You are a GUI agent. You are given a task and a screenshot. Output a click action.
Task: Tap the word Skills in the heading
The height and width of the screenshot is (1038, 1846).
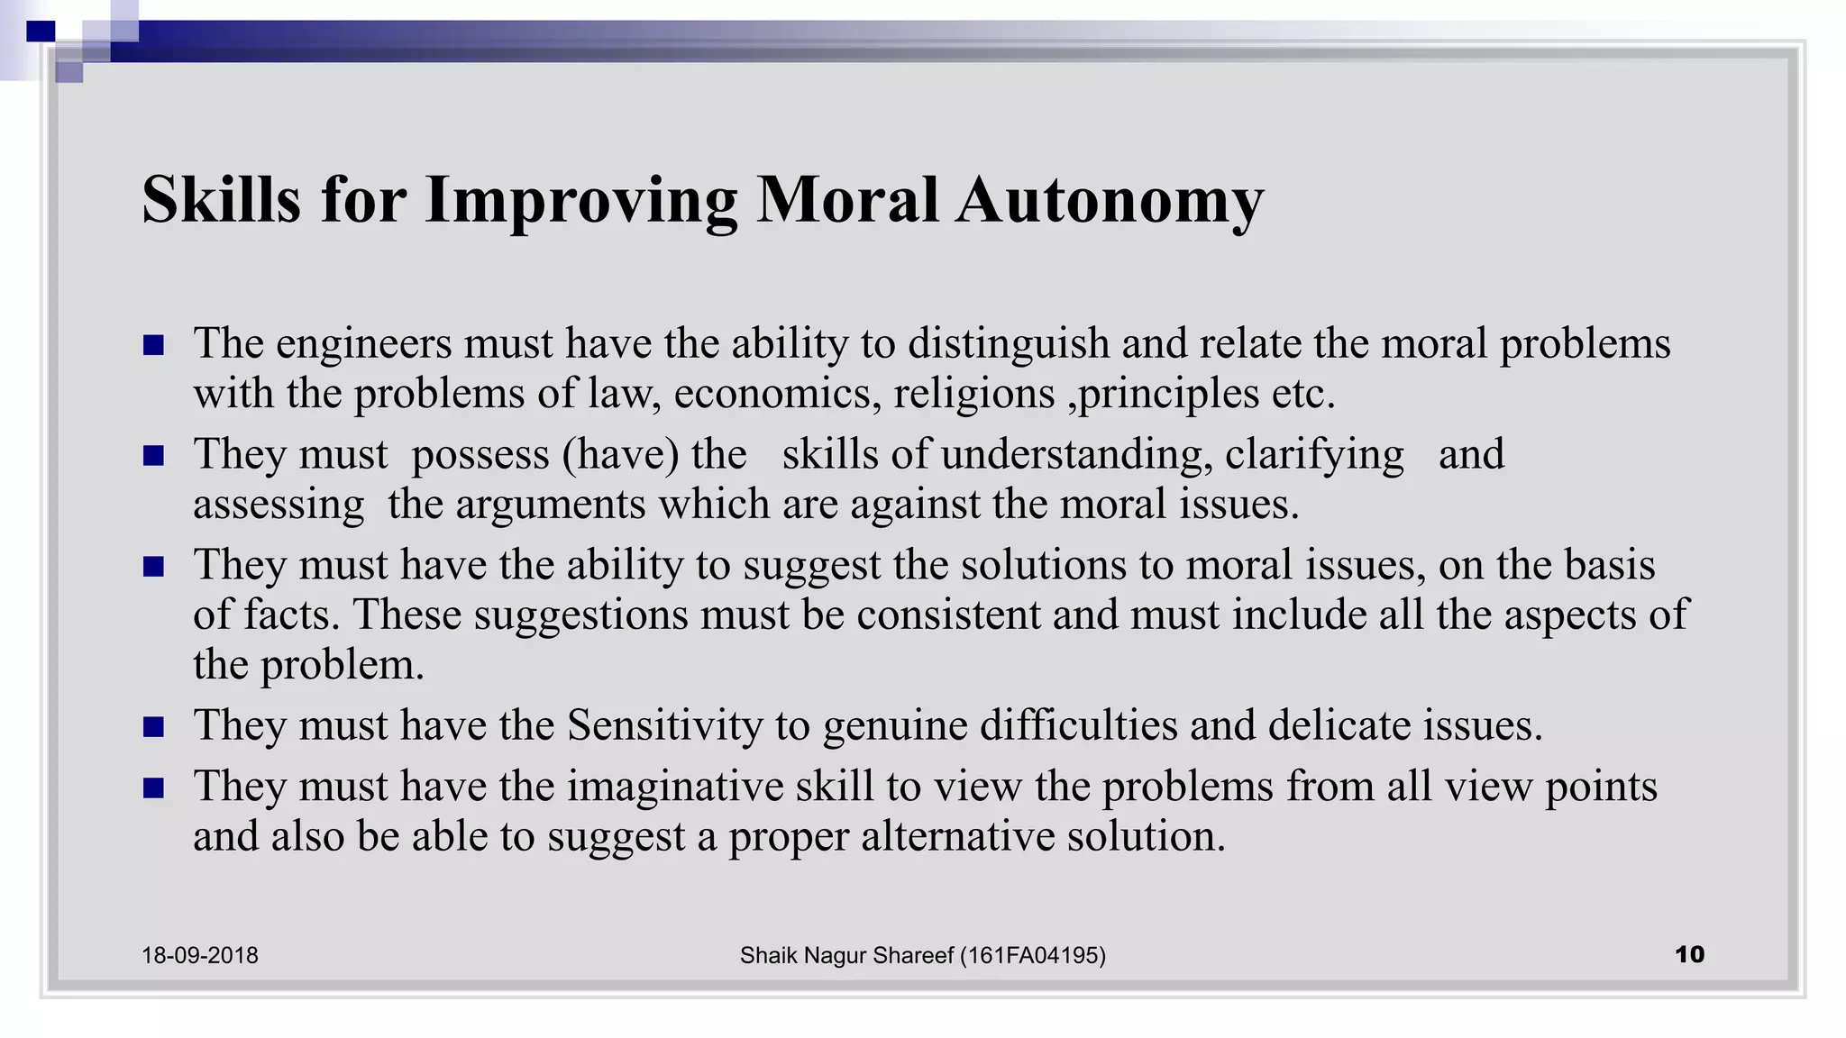click(221, 200)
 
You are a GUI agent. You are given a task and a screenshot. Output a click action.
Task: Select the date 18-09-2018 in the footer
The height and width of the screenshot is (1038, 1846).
click(199, 955)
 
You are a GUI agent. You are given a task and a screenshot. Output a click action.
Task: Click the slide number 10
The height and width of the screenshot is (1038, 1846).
click(1689, 954)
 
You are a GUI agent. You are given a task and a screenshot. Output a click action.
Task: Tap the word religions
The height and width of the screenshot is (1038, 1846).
click(973, 394)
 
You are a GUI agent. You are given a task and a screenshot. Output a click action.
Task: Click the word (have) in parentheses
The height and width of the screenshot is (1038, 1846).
click(620, 454)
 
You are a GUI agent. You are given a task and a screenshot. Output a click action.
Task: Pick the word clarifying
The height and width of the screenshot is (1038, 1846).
click(1314, 454)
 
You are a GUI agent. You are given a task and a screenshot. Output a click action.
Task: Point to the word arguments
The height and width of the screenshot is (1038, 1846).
click(550, 505)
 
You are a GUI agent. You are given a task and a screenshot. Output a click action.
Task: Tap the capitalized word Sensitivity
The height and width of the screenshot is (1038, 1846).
click(665, 725)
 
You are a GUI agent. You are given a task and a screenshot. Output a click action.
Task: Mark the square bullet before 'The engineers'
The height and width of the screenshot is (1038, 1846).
click(153, 345)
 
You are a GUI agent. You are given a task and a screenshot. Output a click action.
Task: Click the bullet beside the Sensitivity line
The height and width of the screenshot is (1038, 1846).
click(153, 726)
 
